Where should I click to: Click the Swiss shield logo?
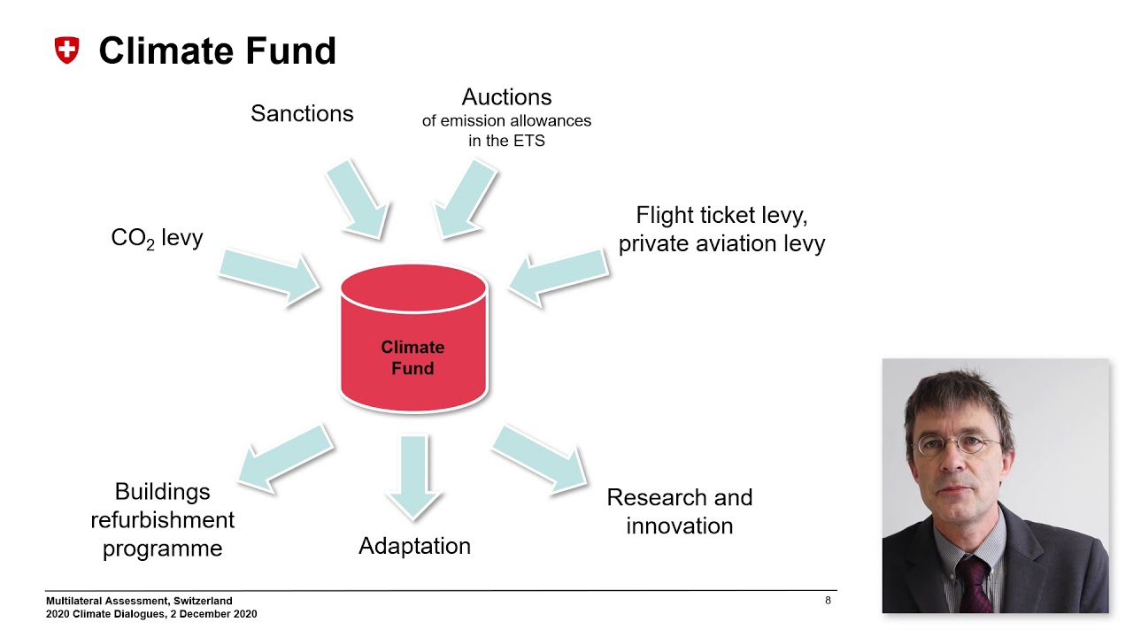[66, 50]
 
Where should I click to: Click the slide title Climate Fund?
[218, 50]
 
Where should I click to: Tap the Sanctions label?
[302, 113]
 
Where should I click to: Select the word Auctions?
[506, 97]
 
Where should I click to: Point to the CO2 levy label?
[157, 238]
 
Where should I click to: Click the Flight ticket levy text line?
[721, 216]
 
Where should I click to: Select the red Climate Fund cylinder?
[413, 339]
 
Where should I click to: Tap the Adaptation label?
[415, 547]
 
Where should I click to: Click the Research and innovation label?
[680, 511]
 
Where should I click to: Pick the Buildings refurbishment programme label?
[162, 520]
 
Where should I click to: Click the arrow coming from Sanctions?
[358, 199]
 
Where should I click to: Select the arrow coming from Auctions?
[465, 199]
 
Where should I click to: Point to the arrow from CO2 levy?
[270, 278]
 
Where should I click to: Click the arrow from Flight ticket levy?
[559, 278]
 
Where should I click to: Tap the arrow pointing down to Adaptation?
[413, 478]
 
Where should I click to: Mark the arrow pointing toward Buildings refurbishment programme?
[286, 458]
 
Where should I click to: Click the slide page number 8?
[828, 601]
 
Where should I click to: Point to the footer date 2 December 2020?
[214, 614]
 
